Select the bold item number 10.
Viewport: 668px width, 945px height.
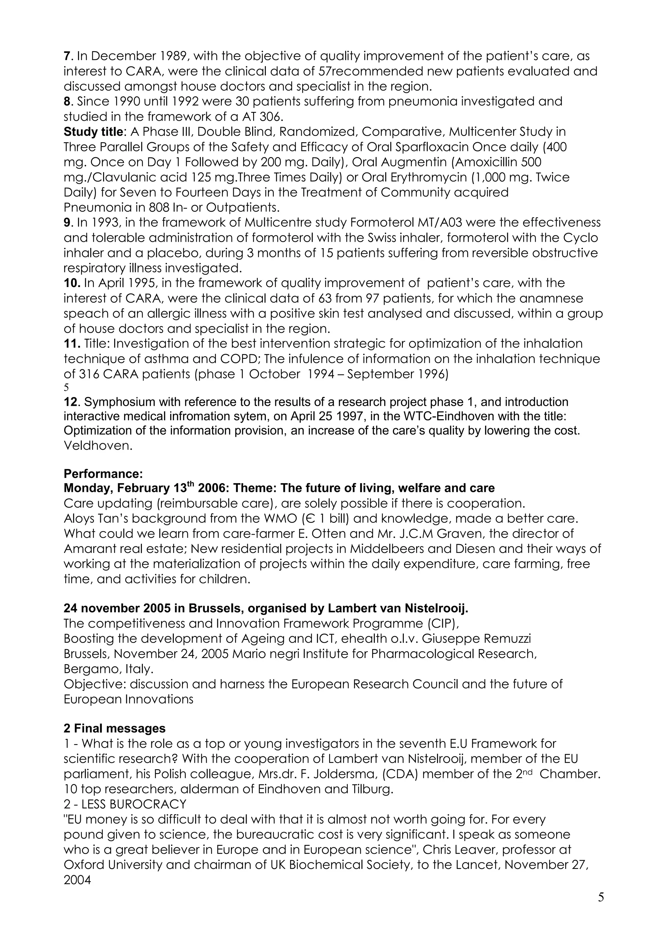pyautogui.click(x=72, y=283)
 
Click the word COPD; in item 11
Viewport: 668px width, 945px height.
pyautogui.click(x=238, y=359)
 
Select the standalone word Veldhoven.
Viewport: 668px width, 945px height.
pyautogui.click(x=98, y=446)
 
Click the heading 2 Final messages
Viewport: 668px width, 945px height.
pyautogui.click(x=114, y=728)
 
